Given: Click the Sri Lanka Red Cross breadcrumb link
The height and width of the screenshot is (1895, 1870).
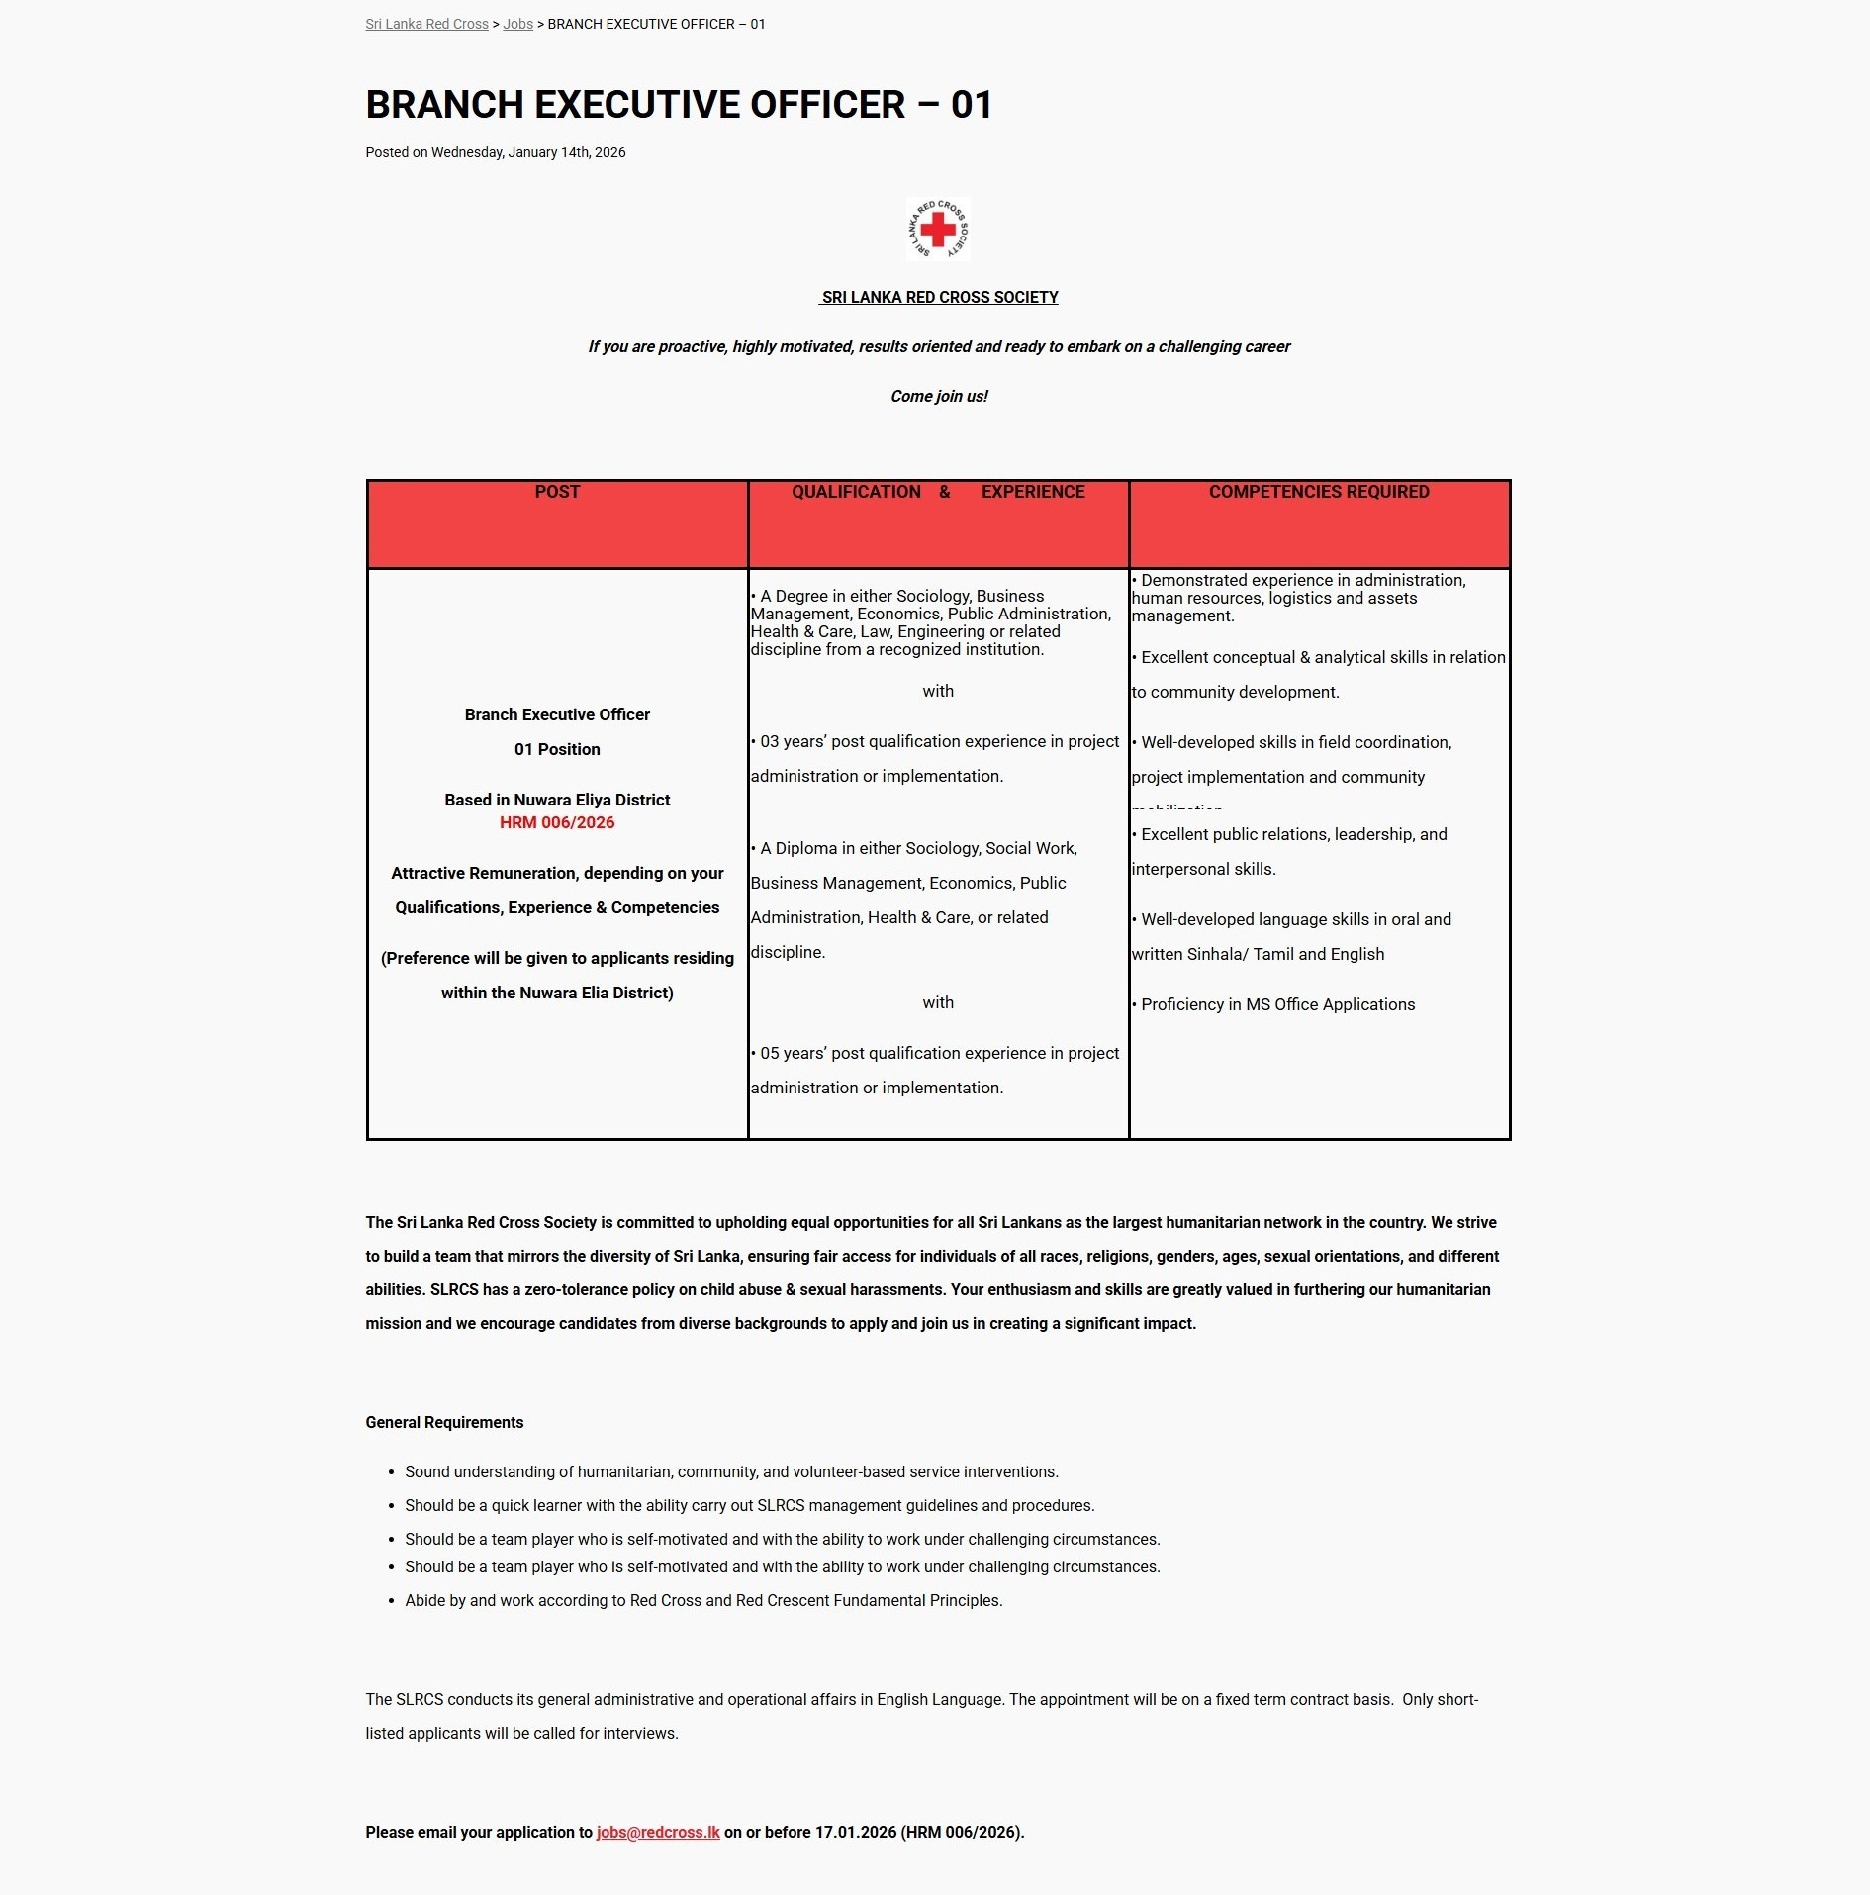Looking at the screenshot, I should [x=426, y=24].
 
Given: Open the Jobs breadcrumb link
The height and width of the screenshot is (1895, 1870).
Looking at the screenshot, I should [x=517, y=24].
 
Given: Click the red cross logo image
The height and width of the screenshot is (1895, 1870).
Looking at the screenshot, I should [x=938, y=230].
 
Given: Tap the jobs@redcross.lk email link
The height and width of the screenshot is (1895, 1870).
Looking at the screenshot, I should [x=658, y=1832].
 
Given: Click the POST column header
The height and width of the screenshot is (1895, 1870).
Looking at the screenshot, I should [x=557, y=492].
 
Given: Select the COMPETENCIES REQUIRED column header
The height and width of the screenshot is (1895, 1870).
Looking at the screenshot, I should [x=1319, y=492].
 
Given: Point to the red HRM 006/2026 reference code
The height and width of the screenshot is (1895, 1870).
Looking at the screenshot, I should [x=557, y=822].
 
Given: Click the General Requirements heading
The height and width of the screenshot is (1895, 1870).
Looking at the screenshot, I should [x=444, y=1422].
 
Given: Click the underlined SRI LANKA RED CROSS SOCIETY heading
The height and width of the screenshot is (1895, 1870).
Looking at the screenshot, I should [x=939, y=297].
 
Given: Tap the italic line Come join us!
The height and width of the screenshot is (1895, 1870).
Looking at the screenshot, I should [x=939, y=396].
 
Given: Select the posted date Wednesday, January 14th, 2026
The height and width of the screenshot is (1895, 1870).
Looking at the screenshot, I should [x=528, y=152].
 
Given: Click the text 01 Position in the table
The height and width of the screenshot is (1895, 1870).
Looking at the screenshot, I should [x=557, y=749].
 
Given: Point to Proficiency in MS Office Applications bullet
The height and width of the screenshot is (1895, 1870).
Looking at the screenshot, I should [x=1277, y=1004].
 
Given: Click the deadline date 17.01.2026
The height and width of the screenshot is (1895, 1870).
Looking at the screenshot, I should [x=855, y=1832].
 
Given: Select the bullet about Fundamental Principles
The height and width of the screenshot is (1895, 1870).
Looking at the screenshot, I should [x=703, y=1600].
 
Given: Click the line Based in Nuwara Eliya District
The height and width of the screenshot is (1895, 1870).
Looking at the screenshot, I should [x=557, y=800].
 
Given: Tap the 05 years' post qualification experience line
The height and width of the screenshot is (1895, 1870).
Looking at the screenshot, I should [x=939, y=1053].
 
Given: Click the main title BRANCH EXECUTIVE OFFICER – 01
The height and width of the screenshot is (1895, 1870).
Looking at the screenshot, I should [x=679, y=105].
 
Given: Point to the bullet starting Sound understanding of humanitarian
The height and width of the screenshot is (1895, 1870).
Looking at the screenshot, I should [x=731, y=1471].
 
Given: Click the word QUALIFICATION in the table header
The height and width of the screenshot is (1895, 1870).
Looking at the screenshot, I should [x=856, y=492].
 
